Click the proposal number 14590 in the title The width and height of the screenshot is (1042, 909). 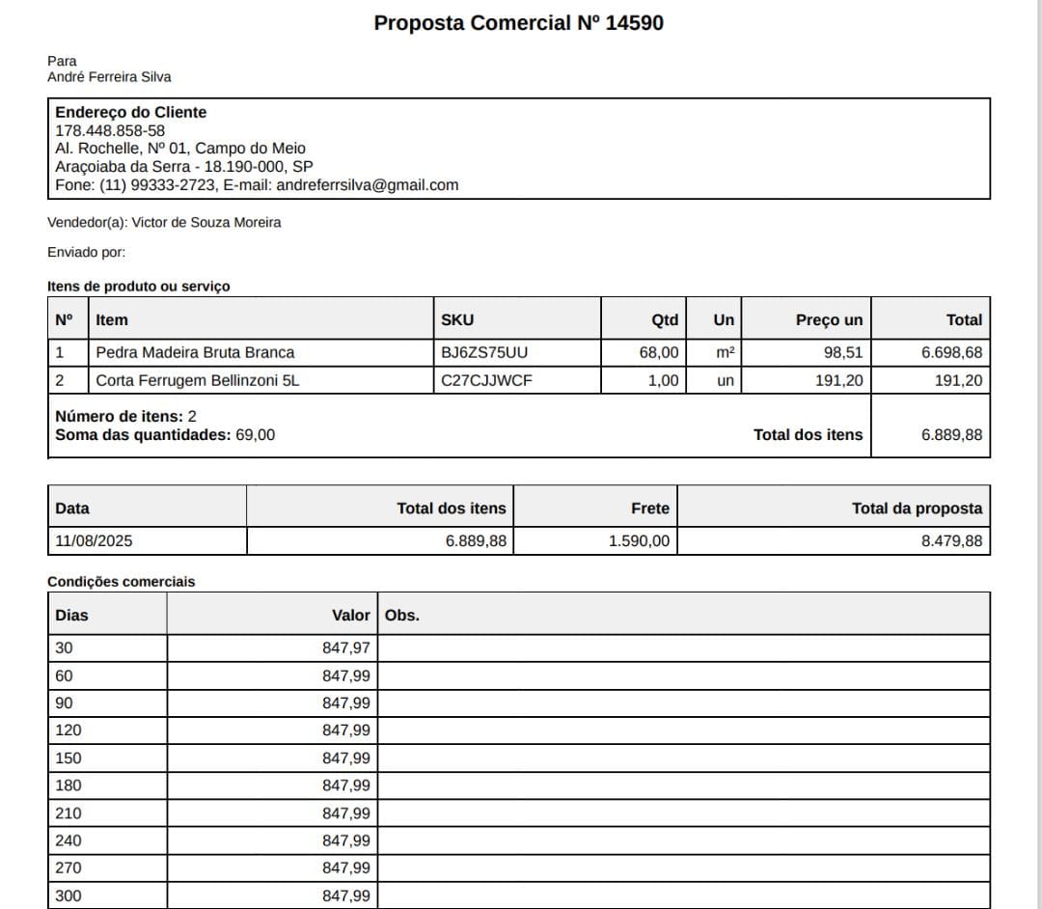click(634, 23)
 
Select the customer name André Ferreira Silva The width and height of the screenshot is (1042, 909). click(109, 77)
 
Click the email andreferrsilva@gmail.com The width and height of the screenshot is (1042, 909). click(368, 185)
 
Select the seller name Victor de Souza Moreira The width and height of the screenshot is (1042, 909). click(206, 223)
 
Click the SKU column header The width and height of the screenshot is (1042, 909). click(457, 320)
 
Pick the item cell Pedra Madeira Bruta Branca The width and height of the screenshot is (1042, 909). click(195, 352)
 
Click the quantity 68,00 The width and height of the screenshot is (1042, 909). click(659, 352)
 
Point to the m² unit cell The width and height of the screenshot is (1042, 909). click(725, 352)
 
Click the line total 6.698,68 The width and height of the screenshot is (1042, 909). click(951, 352)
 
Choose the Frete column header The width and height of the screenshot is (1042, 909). click(649, 509)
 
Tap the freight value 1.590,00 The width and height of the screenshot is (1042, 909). click(639, 540)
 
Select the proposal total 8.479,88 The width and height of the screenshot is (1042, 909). click(951, 540)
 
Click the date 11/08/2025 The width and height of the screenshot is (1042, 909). click(94, 540)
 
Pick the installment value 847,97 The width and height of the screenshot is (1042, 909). click(346, 647)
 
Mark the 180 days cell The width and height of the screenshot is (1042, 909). click(69, 785)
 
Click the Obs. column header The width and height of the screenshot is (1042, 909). click(402, 615)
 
